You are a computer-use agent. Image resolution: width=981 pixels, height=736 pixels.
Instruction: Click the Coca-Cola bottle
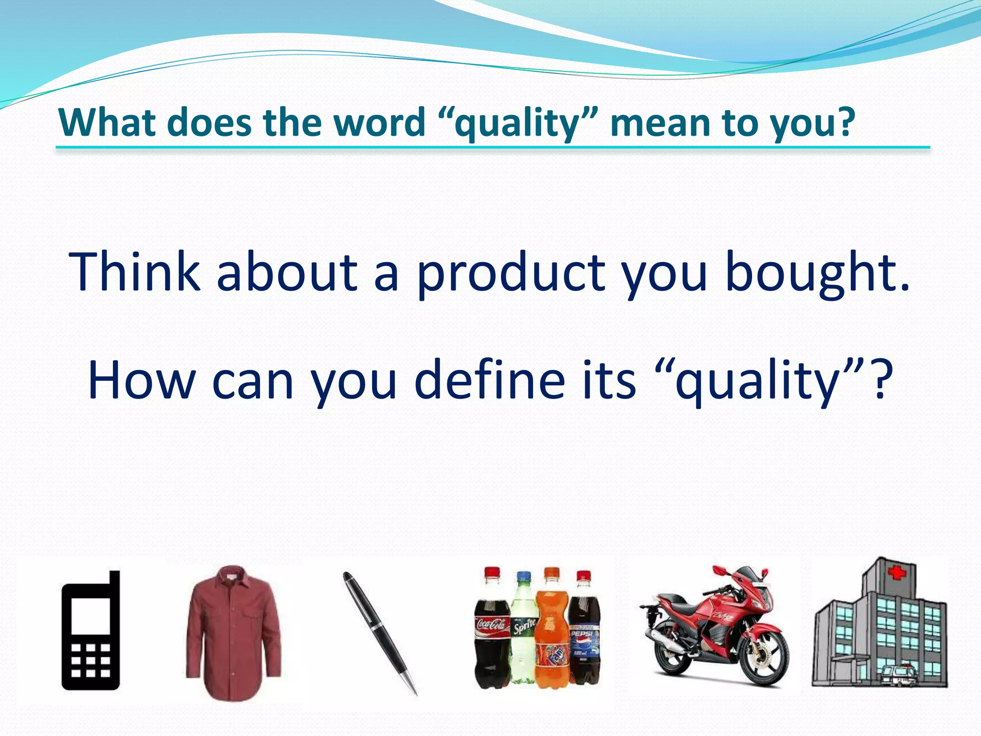tap(492, 632)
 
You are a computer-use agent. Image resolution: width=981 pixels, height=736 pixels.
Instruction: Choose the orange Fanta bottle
tap(552, 632)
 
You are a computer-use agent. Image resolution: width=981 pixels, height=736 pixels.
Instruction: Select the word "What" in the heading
tap(108, 123)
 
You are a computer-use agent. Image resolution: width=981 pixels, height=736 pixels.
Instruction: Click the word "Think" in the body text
tap(135, 272)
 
